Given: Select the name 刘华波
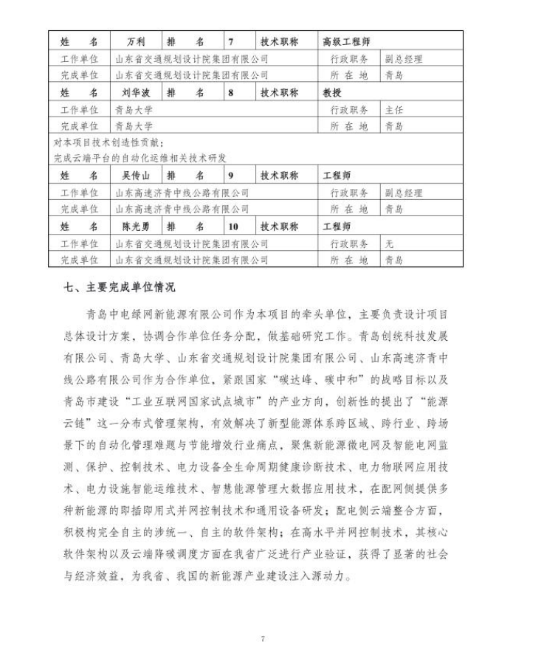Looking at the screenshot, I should click(136, 93).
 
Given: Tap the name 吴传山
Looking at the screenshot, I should click(136, 176).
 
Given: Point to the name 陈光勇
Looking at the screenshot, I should click(136, 226).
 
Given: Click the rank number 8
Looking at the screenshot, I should click(231, 93).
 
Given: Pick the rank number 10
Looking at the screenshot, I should click(234, 226).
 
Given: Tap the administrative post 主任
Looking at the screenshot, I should click(393, 110).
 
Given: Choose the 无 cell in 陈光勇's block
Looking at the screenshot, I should click(389, 243).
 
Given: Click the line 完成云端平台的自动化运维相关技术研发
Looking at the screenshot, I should click(140, 158).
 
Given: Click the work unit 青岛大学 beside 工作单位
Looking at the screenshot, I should click(134, 110).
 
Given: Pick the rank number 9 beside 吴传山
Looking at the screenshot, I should click(231, 176).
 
